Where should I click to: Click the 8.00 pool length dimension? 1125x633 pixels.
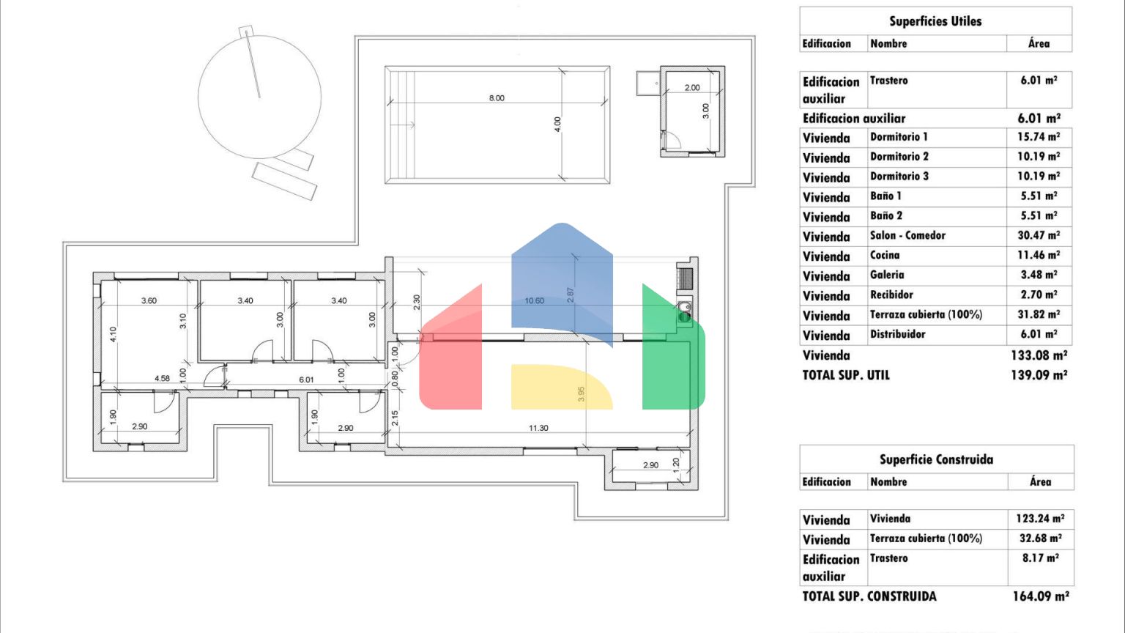[x=497, y=98]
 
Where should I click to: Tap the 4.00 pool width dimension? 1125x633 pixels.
[x=557, y=124]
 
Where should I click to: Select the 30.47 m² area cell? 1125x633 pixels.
[x=1039, y=235]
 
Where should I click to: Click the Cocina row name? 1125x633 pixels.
[x=885, y=255]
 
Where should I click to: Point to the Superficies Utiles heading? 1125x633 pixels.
[x=935, y=21]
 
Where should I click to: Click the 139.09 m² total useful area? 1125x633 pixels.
[x=1039, y=375]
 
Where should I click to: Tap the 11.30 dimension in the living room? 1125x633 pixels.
[x=538, y=428]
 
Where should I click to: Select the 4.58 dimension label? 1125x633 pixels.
[x=162, y=378]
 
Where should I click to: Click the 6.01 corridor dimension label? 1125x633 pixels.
[x=306, y=380]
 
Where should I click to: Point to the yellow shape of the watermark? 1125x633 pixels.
[x=562, y=387]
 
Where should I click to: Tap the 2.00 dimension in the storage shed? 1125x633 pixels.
[x=692, y=87]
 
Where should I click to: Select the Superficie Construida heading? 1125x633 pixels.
[x=936, y=459]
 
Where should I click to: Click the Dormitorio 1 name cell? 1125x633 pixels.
[x=899, y=137]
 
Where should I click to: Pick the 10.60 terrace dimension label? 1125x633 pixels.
[x=535, y=300]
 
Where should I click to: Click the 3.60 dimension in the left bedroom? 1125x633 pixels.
[x=149, y=300]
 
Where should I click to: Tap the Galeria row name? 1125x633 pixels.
[x=887, y=275]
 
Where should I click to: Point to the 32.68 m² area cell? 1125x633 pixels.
[x=1040, y=538]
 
